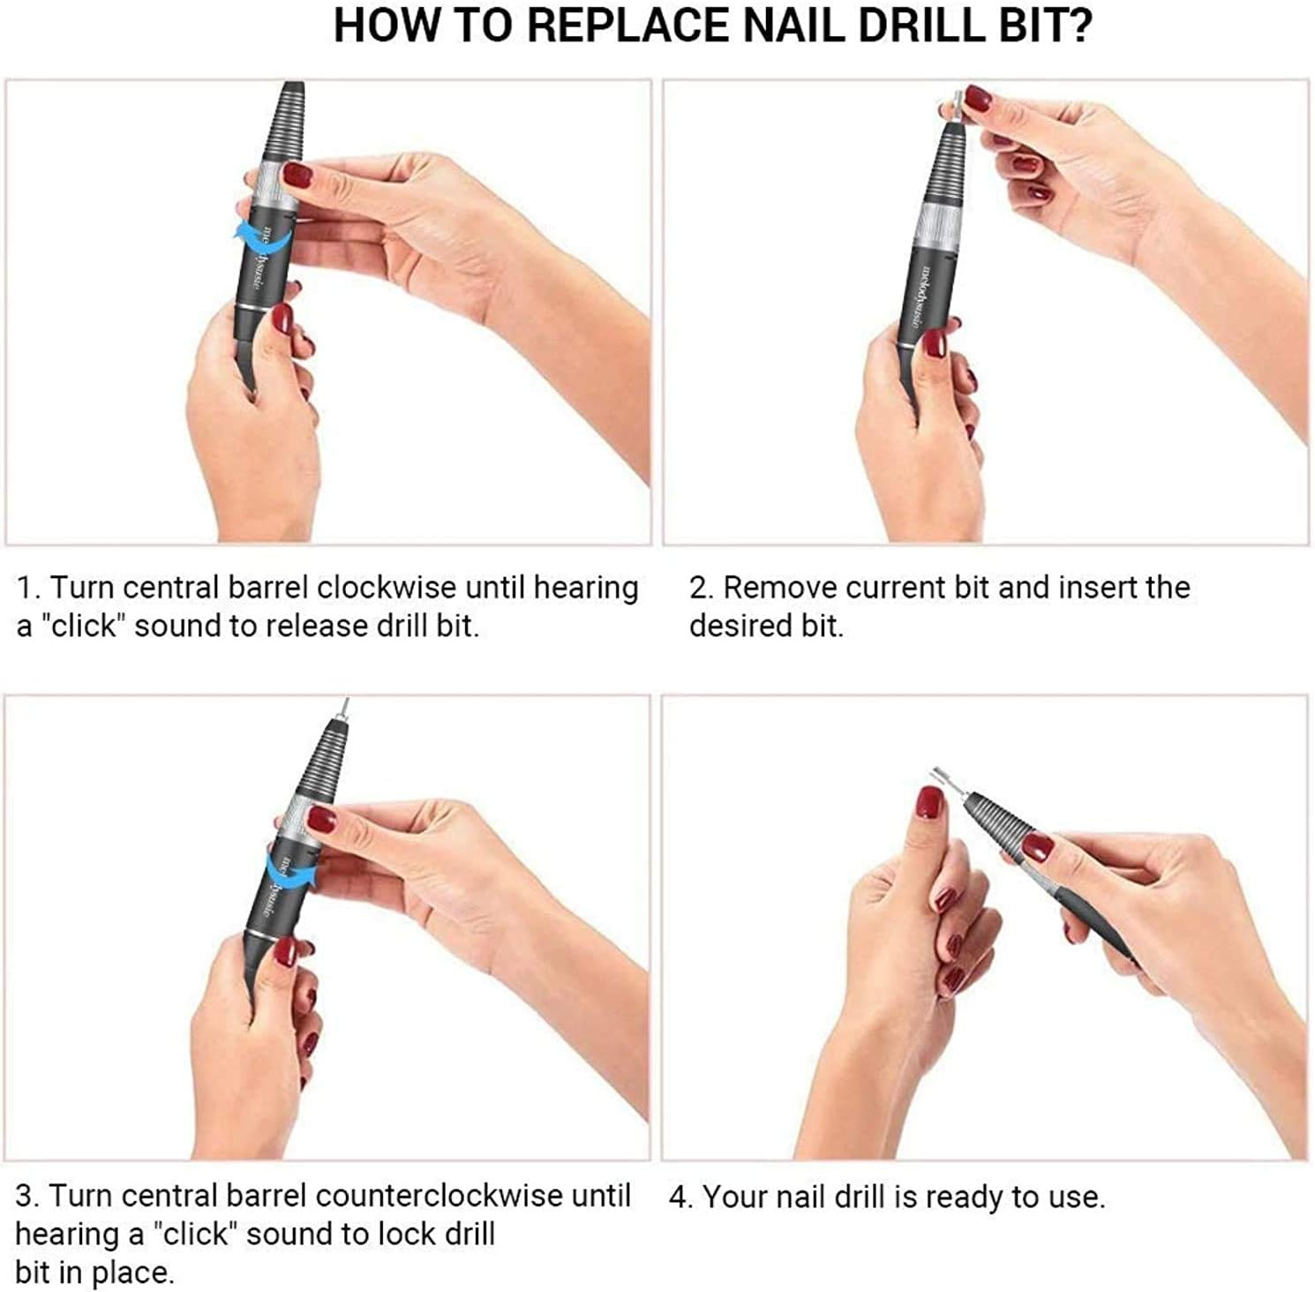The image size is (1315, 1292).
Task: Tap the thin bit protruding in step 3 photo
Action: point(345,706)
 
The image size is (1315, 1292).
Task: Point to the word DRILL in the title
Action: point(920,26)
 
